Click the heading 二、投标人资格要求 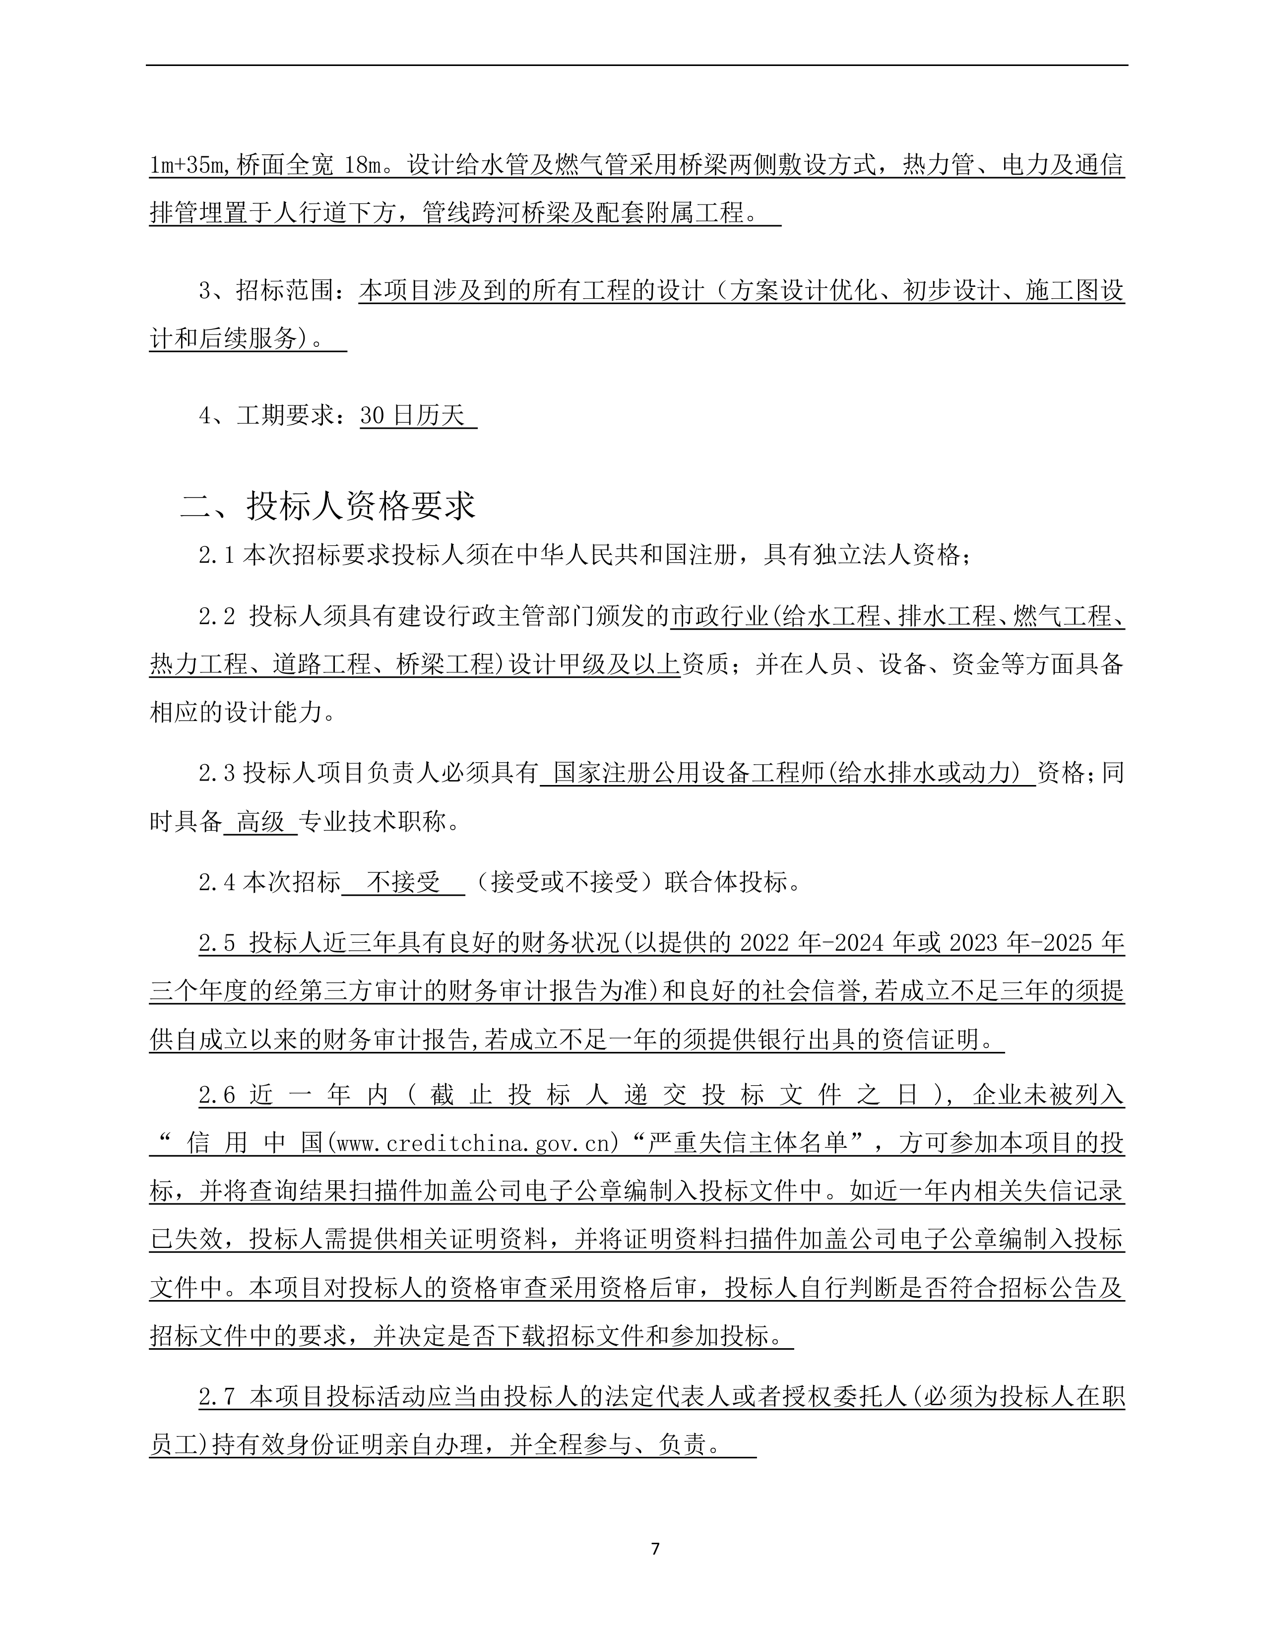327,506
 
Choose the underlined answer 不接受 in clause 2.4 403,883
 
